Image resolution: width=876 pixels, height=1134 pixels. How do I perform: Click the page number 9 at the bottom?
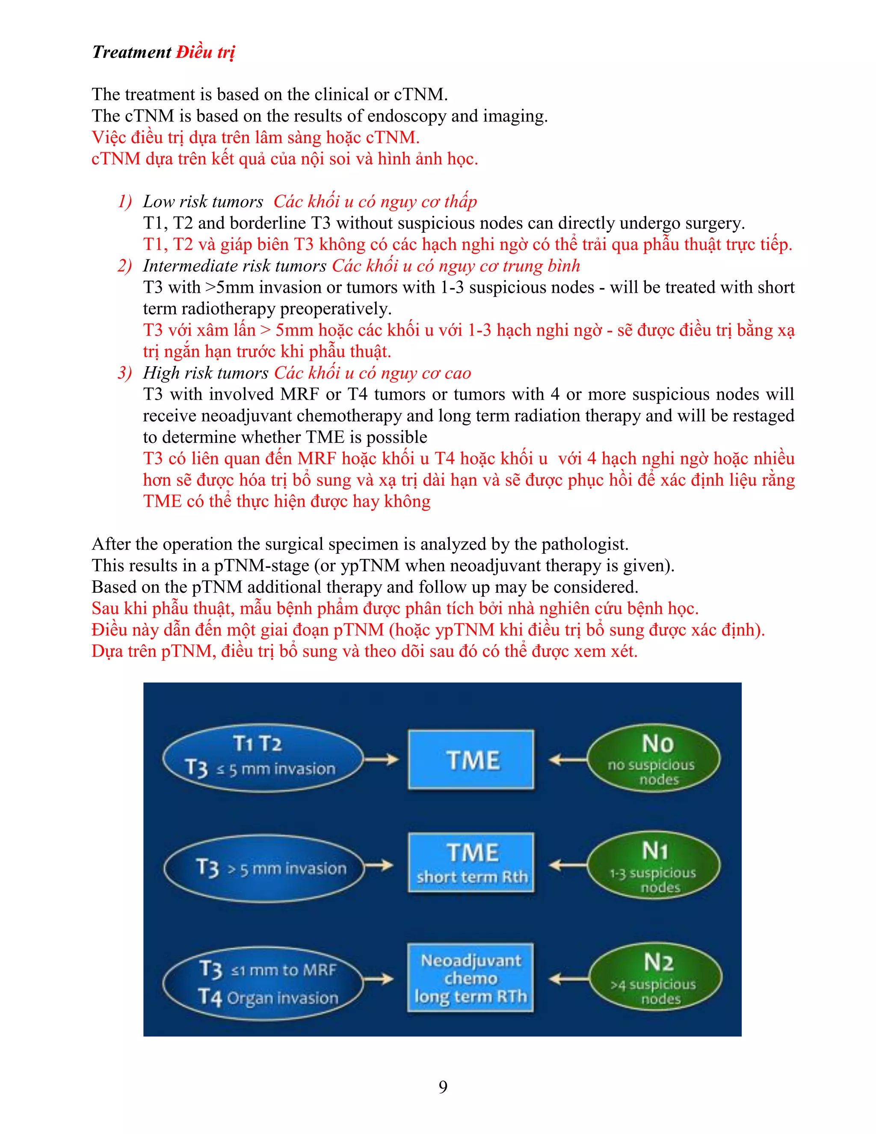pyautogui.click(x=443, y=1087)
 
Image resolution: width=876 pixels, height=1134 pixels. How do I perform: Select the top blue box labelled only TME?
pyautogui.click(x=471, y=760)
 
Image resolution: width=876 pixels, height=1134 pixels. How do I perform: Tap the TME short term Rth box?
pyautogui.click(x=471, y=863)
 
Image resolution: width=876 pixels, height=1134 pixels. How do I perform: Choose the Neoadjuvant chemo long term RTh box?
pyautogui.click(x=470, y=978)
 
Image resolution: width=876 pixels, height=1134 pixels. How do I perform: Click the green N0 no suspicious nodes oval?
pyautogui.click(x=654, y=759)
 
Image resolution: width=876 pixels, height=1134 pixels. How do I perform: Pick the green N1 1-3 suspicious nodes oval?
pyautogui.click(x=654, y=864)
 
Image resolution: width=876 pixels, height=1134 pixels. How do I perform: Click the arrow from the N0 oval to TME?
pyautogui.click(x=567, y=760)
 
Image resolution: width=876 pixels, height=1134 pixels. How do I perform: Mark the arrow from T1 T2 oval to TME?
pyautogui.click(x=382, y=760)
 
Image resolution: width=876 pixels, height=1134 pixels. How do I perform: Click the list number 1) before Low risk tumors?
pyautogui.click(x=124, y=202)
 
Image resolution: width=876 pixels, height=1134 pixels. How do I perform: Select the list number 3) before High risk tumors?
pyautogui.click(x=124, y=373)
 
